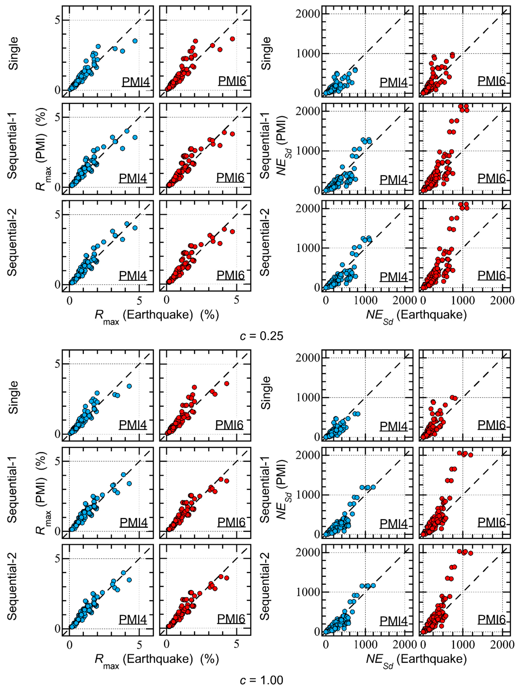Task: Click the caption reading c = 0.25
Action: [261, 336]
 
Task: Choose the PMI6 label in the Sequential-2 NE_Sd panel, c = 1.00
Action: [491, 619]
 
